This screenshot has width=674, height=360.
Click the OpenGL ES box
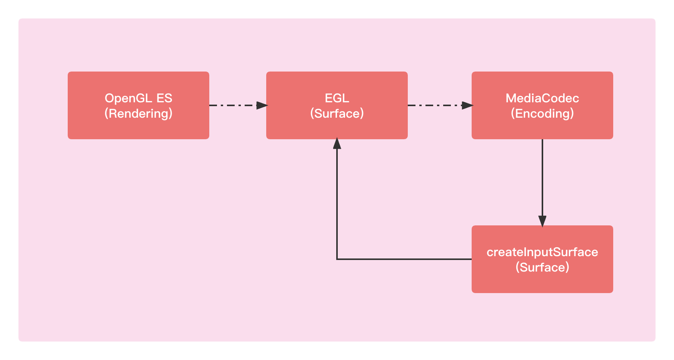click(x=138, y=105)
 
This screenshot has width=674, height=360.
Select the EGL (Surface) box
click(x=337, y=105)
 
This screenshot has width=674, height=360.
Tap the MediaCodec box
click(x=542, y=105)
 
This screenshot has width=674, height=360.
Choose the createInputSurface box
click(x=542, y=259)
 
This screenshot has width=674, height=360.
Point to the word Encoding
click(x=542, y=113)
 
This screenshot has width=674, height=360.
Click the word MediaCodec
click(x=542, y=98)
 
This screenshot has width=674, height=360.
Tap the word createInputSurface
click(x=542, y=252)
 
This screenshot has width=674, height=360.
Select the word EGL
click(x=337, y=98)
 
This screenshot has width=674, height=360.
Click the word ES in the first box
click(x=164, y=98)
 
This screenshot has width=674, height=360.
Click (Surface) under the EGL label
click(x=337, y=113)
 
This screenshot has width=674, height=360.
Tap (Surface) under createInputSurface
click(x=542, y=267)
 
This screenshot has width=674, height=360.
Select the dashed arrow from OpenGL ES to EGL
click(x=239, y=105)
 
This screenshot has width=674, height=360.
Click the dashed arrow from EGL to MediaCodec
click(x=440, y=105)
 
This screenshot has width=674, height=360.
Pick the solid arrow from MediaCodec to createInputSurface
click(x=542, y=183)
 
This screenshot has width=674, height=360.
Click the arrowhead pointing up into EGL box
click(x=337, y=143)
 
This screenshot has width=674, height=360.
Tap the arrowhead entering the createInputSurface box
click(x=542, y=221)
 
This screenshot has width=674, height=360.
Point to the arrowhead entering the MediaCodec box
click(x=467, y=105)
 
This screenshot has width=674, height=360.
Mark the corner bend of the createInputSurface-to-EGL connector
click(x=337, y=259)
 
